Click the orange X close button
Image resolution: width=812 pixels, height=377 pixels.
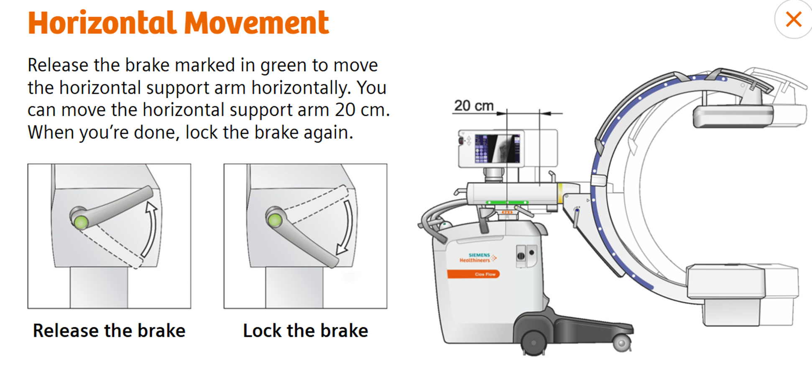[x=793, y=19]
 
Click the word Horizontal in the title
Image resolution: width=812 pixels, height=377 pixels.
[x=102, y=23]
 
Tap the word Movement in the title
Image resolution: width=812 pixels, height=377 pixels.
[x=256, y=23]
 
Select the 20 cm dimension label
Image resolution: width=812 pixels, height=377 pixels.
[x=474, y=106]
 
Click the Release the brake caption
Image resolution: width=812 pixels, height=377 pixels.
[x=109, y=331]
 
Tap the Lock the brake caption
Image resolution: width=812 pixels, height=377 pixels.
[x=306, y=331]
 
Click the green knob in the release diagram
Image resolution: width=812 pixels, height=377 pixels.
[x=81, y=222]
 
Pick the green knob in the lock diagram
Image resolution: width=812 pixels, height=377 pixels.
[x=275, y=220]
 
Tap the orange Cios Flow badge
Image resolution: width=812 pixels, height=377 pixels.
[x=473, y=274]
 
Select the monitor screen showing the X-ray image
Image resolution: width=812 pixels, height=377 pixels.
[x=497, y=148]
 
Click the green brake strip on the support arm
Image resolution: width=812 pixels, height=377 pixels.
[x=507, y=203]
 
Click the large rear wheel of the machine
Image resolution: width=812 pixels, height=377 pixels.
[x=534, y=343]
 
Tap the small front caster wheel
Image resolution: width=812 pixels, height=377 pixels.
[x=622, y=343]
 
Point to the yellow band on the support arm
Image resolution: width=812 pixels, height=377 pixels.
[x=560, y=193]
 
